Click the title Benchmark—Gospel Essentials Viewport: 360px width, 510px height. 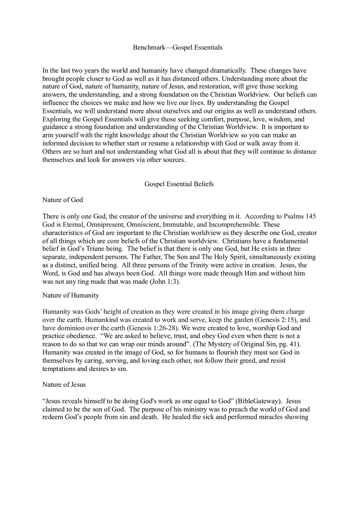[x=178, y=47]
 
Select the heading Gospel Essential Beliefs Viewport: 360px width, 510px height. [x=179, y=184]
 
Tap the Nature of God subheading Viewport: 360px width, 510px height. [x=63, y=200]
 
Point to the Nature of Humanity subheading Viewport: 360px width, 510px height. [x=70, y=295]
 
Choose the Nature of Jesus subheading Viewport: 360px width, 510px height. [x=64, y=385]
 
